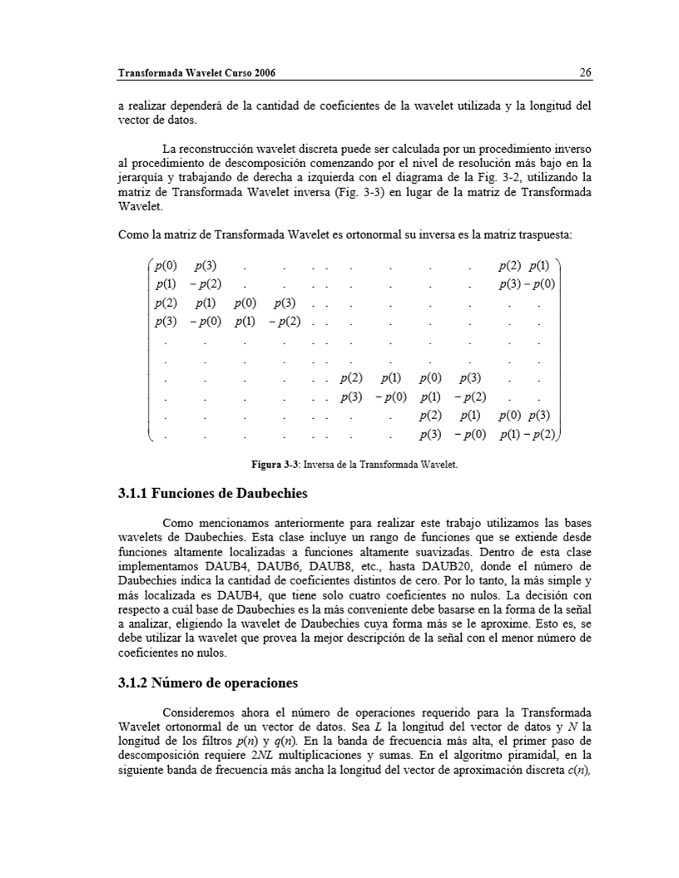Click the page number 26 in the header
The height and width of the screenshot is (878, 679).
pyautogui.click(x=585, y=73)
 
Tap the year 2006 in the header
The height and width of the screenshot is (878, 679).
pyautogui.click(x=261, y=73)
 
